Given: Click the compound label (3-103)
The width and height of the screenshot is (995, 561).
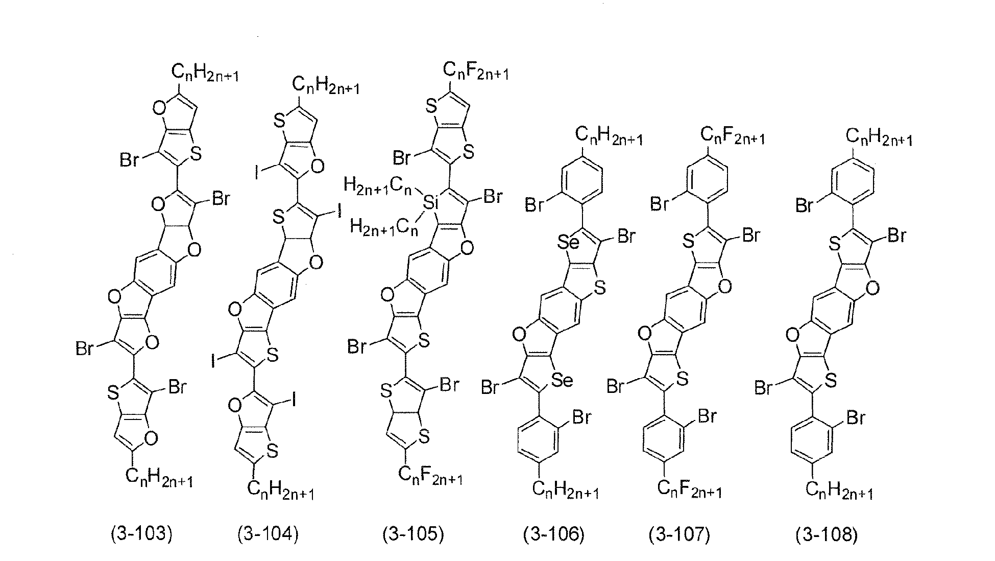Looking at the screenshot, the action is (141, 534).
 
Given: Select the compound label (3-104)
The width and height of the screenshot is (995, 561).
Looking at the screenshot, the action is (268, 534).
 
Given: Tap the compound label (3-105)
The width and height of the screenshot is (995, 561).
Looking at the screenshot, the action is (413, 534).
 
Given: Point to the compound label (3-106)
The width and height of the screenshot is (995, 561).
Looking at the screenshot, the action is (553, 534).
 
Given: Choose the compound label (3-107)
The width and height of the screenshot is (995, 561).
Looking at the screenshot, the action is (679, 534).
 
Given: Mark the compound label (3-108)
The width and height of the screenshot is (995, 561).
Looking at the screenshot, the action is (827, 534).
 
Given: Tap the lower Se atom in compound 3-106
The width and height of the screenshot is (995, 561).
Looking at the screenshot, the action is (562, 380).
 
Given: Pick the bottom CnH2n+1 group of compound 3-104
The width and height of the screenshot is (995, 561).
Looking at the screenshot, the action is (281, 491).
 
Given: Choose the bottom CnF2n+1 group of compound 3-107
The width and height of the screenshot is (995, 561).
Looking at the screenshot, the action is (689, 489).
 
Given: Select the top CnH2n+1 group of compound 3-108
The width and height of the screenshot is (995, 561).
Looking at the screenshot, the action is (879, 136).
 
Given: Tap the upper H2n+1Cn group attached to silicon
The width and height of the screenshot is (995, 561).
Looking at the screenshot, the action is (378, 185).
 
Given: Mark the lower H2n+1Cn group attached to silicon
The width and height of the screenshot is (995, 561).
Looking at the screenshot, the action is (384, 226).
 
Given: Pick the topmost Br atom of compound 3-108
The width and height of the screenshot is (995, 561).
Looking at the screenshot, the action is (806, 206).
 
